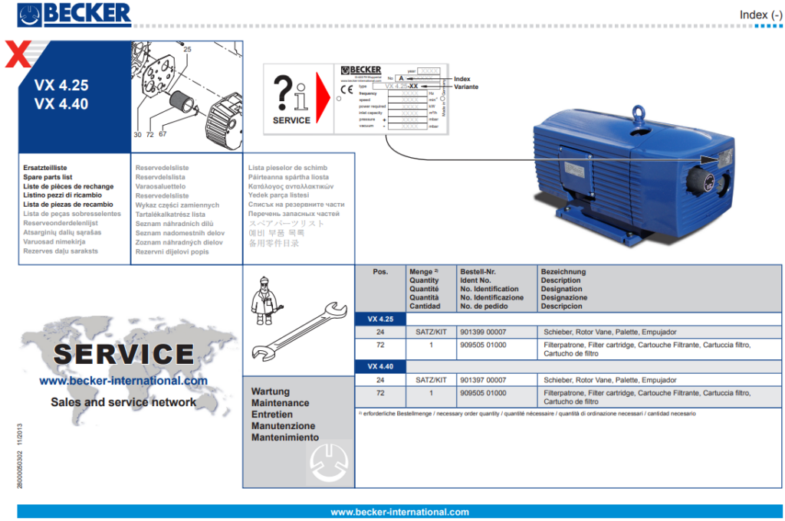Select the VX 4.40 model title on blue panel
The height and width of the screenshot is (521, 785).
point(61,104)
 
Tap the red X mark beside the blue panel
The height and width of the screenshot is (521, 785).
point(18,56)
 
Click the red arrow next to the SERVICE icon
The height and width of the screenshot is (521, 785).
point(323,97)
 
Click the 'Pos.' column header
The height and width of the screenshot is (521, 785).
point(380,271)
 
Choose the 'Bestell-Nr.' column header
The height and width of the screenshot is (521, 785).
point(479,271)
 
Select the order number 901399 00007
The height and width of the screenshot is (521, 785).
point(483,332)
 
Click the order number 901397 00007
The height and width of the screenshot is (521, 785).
point(483,380)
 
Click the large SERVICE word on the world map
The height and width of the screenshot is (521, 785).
point(123,354)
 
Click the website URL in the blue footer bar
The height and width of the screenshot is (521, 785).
point(399,512)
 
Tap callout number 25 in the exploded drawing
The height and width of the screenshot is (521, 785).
point(188,49)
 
